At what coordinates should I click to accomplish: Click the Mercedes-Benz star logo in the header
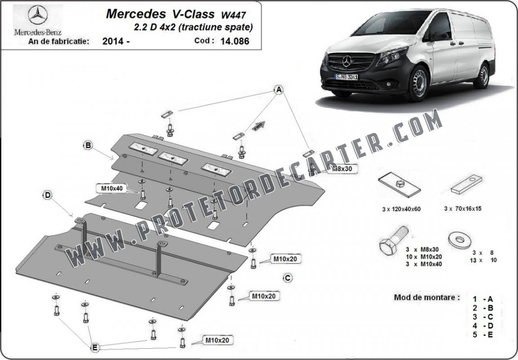click(x=38, y=15)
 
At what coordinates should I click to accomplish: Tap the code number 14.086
click(x=235, y=41)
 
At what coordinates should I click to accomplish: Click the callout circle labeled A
click(x=279, y=89)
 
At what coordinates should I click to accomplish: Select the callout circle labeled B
click(x=88, y=145)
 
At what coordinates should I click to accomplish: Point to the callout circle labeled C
click(x=288, y=278)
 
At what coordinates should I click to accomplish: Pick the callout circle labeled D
click(x=48, y=195)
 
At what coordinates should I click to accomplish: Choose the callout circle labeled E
click(x=95, y=347)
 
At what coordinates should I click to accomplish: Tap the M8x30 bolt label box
click(x=342, y=169)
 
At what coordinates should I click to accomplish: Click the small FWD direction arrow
click(x=259, y=126)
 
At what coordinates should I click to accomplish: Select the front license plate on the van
click(x=347, y=77)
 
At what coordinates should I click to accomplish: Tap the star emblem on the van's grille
click(x=347, y=62)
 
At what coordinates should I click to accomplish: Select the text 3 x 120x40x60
click(x=401, y=209)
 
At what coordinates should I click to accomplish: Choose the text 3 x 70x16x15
click(x=463, y=209)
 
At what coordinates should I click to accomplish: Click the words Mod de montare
click(x=427, y=297)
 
